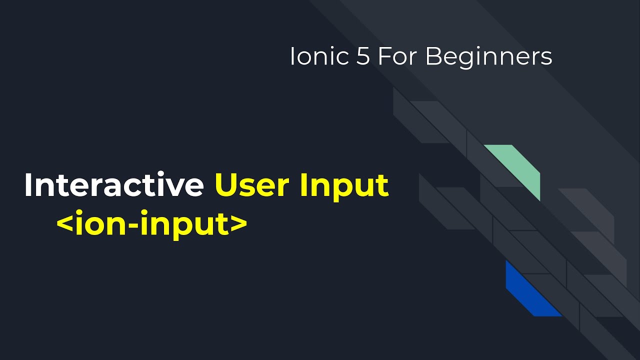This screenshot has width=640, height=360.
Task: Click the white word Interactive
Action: (113, 185)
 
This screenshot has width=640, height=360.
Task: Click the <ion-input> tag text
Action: (152, 224)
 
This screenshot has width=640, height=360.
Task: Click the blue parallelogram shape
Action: (530, 292)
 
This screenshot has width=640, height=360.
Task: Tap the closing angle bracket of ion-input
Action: (239, 224)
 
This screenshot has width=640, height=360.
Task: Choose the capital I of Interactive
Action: (28, 185)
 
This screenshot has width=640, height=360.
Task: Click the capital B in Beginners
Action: (433, 57)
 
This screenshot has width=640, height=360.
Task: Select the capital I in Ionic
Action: (292, 57)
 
